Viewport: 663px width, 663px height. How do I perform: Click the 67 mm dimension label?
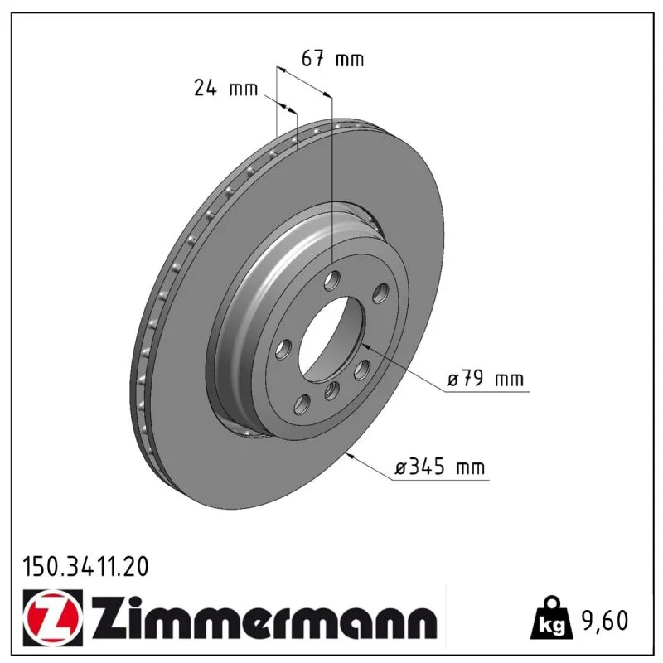[x=332, y=59]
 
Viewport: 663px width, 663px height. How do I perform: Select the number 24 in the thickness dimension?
[x=205, y=88]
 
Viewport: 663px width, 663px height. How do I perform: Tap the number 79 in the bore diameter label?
[x=472, y=378]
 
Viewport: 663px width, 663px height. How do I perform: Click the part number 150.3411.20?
[x=85, y=567]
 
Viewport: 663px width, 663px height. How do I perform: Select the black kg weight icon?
[x=551, y=618]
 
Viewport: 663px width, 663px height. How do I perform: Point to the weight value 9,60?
[x=605, y=620]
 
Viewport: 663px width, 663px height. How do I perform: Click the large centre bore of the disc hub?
[x=331, y=340]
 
